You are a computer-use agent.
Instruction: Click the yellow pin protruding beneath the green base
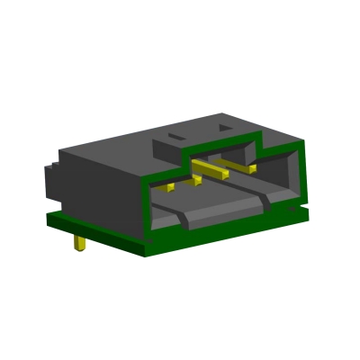tap(80, 244)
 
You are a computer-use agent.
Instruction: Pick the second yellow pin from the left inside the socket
tap(193, 182)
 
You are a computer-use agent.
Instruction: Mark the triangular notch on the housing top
tap(220, 131)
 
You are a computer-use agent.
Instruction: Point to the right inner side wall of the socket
tap(286, 175)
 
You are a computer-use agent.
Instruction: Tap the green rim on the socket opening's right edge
tap(300, 175)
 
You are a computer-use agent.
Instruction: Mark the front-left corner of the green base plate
tap(52, 220)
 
